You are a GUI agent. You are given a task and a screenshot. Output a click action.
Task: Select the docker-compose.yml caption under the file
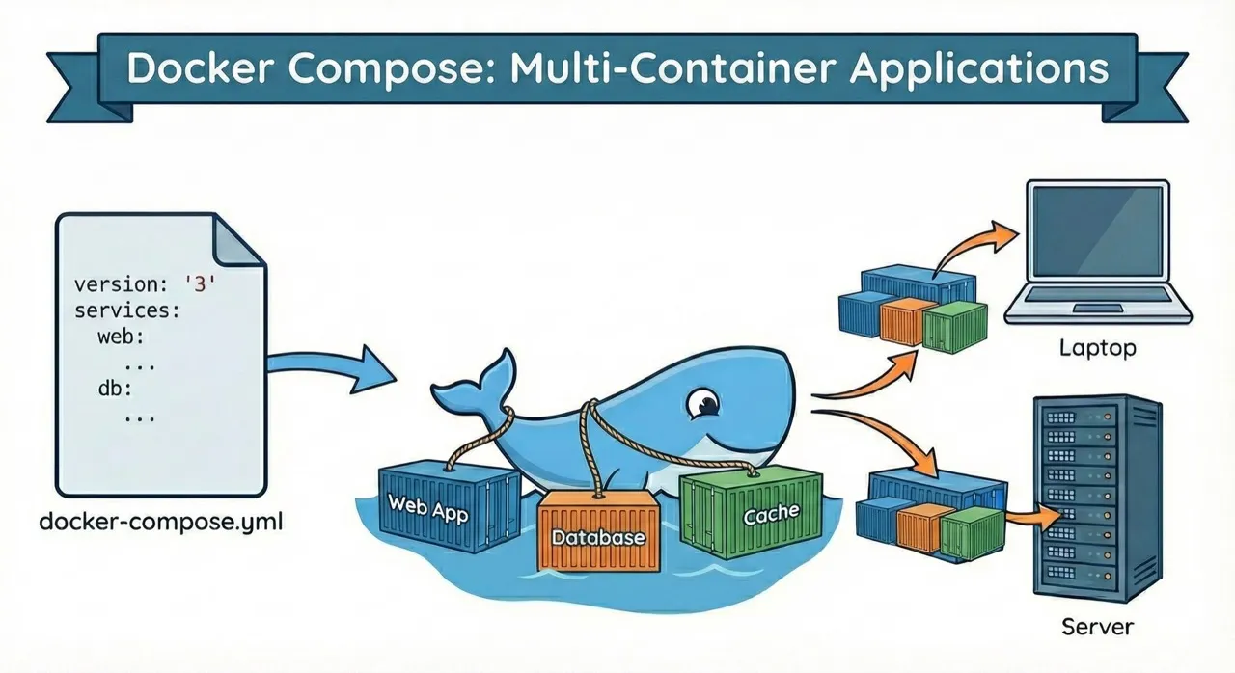pos(161,523)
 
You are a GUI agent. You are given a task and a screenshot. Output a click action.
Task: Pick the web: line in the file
pos(121,338)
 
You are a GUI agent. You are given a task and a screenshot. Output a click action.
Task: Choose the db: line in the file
pos(114,390)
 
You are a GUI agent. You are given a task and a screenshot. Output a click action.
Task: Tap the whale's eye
pos(706,403)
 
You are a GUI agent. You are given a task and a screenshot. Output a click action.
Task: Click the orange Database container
pos(598,533)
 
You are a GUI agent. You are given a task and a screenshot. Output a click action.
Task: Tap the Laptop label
pos(1097,348)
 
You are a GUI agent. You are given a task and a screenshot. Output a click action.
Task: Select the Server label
pos(1097,627)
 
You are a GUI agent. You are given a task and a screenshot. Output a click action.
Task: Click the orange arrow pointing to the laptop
pos(974,247)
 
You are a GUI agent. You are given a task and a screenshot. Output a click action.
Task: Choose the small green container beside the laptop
pos(955,325)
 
